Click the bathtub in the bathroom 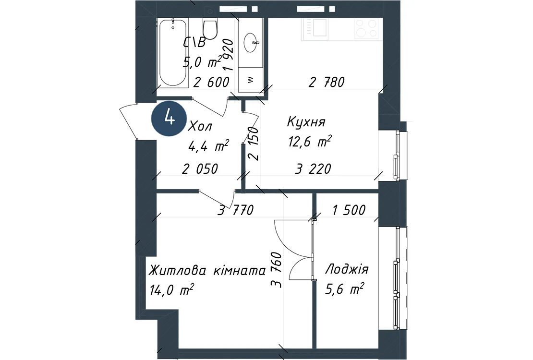(173, 52)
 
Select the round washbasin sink (251, 43)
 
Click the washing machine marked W (251, 80)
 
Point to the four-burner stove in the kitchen (366, 28)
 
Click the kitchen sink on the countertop (320, 27)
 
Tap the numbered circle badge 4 (169, 119)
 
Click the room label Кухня (306, 122)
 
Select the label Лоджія (347, 270)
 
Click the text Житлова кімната (207, 271)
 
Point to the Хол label (200, 126)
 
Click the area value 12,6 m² (310, 142)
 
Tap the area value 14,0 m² (171, 290)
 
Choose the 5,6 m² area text (345, 289)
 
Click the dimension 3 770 (236, 210)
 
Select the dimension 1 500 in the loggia (349, 210)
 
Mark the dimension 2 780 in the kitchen (327, 82)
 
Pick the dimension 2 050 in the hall (200, 169)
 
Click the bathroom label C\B (194, 43)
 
